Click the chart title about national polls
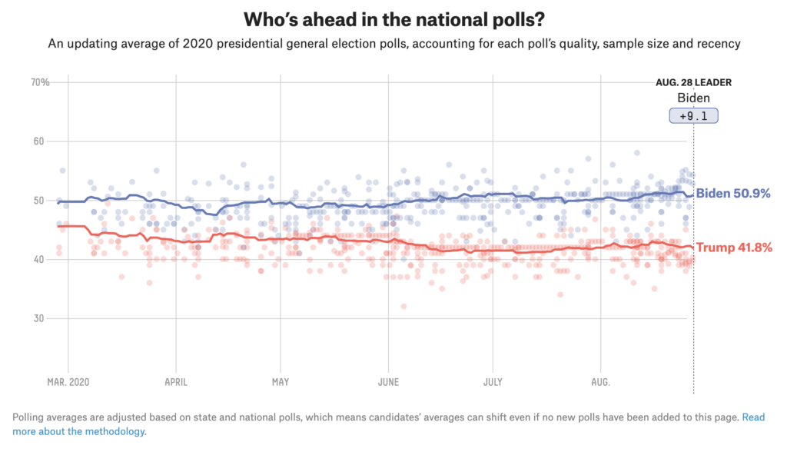(393, 18)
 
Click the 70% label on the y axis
(40, 82)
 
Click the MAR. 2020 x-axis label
(68, 381)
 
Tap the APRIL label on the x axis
(176, 381)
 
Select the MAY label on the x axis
(280, 381)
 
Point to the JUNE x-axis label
(388, 381)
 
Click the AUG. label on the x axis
(601, 381)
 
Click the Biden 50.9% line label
(732, 193)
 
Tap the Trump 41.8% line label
(734, 248)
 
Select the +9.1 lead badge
(693, 116)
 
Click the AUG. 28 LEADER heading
(693, 83)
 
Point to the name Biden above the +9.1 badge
(693, 98)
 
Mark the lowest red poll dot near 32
(403, 306)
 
